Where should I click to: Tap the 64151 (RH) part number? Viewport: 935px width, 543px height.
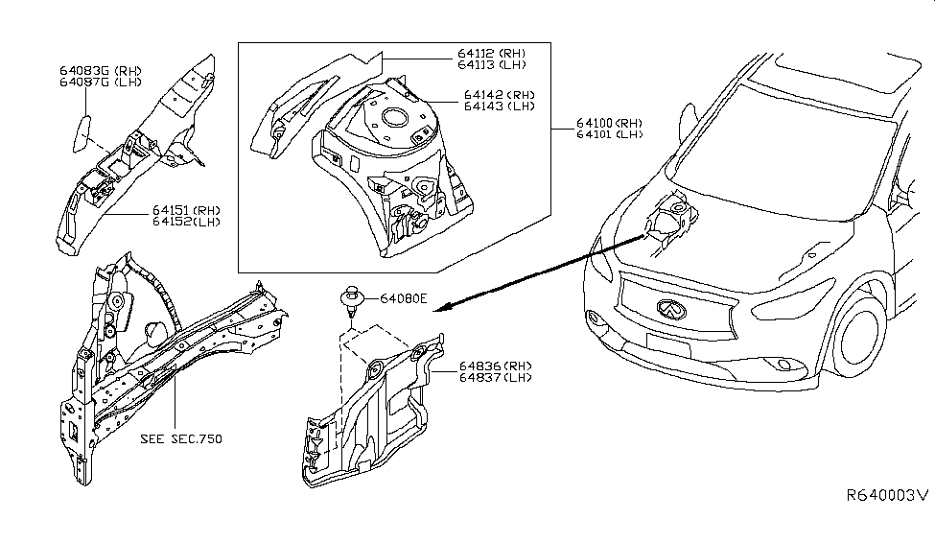[x=185, y=209]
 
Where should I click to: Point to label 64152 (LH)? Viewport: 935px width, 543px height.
[x=185, y=222]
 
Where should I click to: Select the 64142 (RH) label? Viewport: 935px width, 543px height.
[x=499, y=95]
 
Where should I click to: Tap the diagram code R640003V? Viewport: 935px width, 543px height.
[x=886, y=496]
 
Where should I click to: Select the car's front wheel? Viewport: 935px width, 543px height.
[x=865, y=339]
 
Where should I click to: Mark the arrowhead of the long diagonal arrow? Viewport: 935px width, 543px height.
[x=440, y=307]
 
